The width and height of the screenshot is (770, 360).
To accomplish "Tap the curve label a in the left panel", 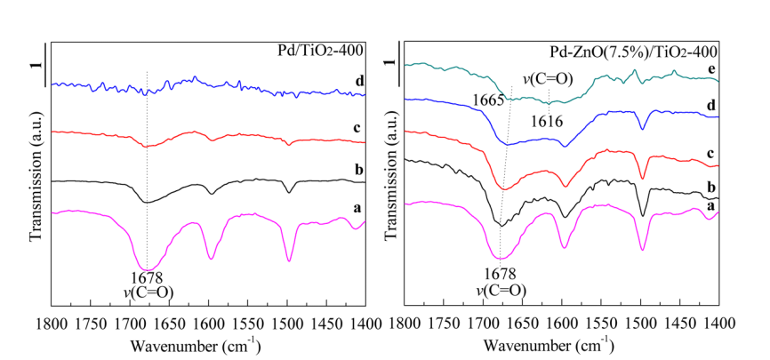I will pyautogui.click(x=357, y=206).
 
